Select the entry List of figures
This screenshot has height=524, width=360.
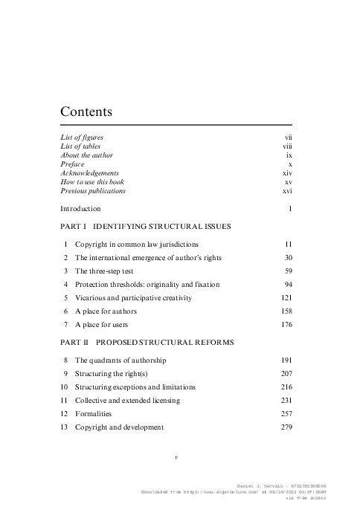(x=82, y=138)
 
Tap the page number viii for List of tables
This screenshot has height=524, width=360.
(x=287, y=146)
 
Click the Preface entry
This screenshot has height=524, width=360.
(x=73, y=164)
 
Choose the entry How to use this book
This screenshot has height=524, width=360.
(x=91, y=182)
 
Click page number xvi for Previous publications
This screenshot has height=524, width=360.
(x=287, y=191)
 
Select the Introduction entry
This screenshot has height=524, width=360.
(x=80, y=209)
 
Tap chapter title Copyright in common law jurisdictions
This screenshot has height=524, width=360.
(x=147, y=244)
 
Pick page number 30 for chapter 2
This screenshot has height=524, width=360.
(x=287, y=257)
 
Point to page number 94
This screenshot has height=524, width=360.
(x=287, y=284)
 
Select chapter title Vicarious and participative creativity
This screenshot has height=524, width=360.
(x=133, y=297)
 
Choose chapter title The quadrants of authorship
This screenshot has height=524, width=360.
(x=120, y=360)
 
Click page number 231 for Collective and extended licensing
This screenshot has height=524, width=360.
(x=286, y=400)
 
